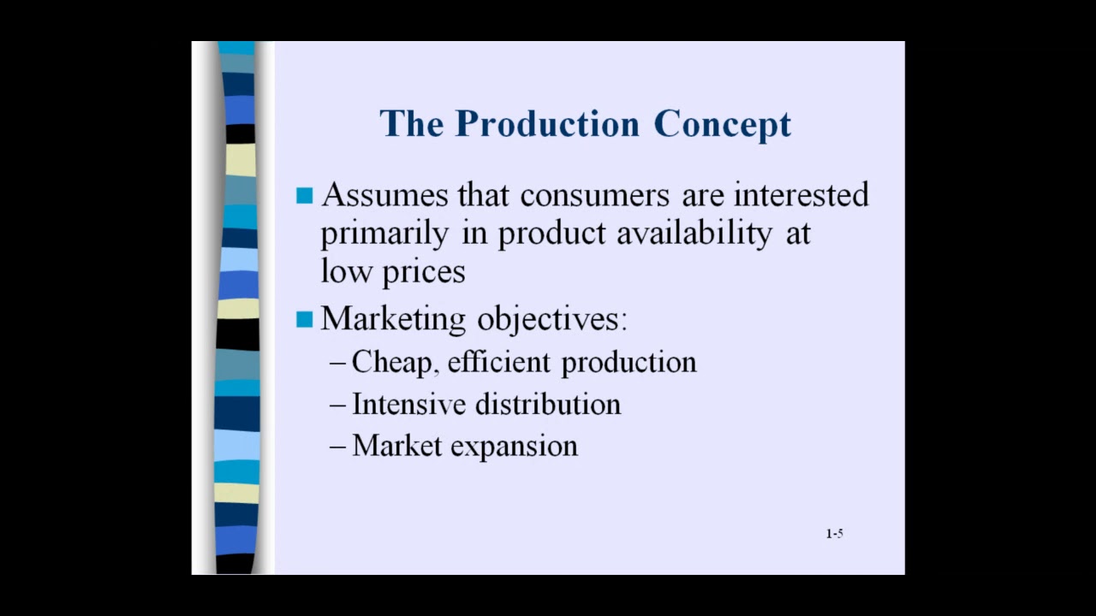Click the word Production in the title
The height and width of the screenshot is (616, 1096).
[x=547, y=124]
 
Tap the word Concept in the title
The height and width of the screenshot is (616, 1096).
[x=722, y=125]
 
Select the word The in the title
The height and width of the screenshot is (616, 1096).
[x=412, y=124]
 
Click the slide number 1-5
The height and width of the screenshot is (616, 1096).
[x=834, y=534]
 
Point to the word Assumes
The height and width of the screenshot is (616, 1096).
[x=384, y=195]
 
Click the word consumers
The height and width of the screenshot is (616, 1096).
[x=594, y=195]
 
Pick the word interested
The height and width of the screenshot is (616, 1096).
[x=801, y=195]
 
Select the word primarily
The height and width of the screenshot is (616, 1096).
[x=384, y=234]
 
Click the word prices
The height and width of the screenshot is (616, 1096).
[x=423, y=272]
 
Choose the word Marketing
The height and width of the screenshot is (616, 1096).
[x=394, y=319]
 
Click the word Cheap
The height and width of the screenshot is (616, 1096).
[x=393, y=363]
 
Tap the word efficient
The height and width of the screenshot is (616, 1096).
[x=500, y=363]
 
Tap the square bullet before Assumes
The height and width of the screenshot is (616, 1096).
[x=304, y=196]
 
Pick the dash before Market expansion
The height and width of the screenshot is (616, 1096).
[x=337, y=447]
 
